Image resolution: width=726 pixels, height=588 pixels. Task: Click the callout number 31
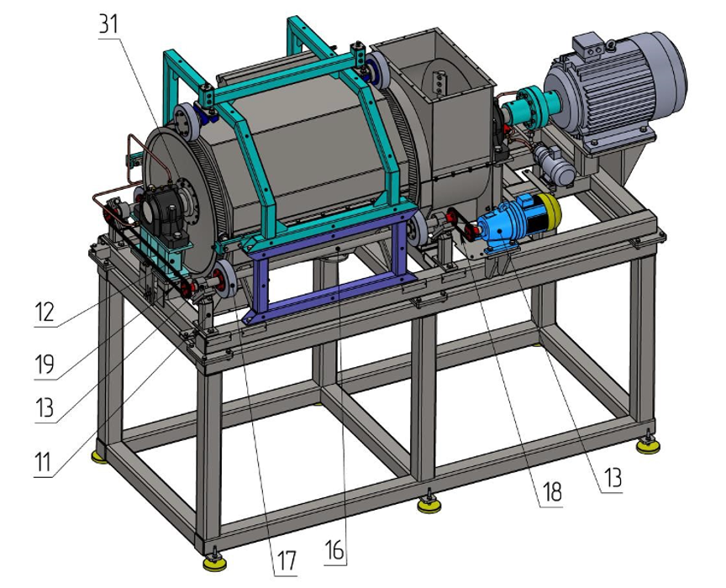pos(109,24)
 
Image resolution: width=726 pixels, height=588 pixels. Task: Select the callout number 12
pos(45,312)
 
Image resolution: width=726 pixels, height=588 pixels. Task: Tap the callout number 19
pos(45,365)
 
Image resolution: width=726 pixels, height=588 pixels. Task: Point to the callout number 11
pos(43,462)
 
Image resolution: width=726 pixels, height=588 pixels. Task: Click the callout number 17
pos(286,560)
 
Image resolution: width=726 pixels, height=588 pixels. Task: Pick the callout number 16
pos(334,550)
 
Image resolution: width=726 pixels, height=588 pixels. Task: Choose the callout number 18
pos(551,491)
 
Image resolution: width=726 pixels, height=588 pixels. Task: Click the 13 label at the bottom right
pos(612,477)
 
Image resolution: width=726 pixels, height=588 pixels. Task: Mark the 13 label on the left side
pos(45,408)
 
